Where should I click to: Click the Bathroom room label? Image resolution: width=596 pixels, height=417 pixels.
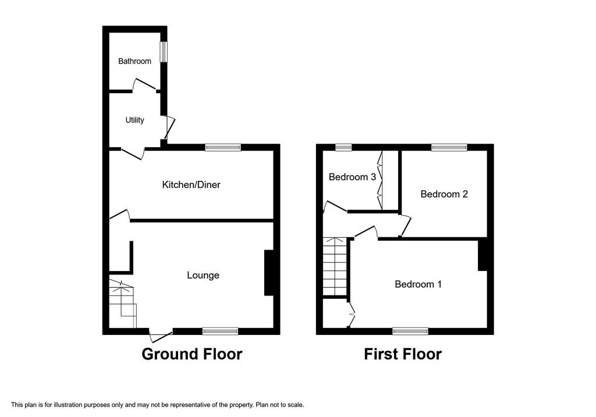tap(134, 61)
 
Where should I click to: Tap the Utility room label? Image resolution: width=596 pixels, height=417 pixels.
tap(134, 120)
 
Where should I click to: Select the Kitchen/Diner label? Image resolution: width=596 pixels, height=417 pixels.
tap(191, 185)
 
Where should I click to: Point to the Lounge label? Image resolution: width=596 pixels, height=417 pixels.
tap(203, 275)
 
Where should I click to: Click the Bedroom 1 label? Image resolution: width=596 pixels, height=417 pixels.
tap(418, 284)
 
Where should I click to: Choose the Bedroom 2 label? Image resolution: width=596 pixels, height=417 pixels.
tap(444, 194)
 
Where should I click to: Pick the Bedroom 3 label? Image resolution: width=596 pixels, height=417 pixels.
tap(352, 177)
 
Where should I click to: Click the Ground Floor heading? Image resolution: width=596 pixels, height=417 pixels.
tap(192, 354)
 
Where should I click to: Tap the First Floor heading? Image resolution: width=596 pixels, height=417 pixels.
tap(403, 354)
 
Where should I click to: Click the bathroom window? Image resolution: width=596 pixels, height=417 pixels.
tap(164, 52)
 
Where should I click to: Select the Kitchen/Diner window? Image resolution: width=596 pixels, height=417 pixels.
tap(223, 147)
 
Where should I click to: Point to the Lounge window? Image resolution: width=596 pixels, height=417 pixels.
tap(221, 331)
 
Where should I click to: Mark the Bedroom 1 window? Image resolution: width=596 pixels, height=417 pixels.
tap(410, 331)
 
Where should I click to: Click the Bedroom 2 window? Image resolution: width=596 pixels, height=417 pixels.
tap(449, 147)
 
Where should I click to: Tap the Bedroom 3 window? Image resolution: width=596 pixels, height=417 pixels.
tap(343, 147)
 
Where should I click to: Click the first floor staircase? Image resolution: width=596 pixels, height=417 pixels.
tap(335, 266)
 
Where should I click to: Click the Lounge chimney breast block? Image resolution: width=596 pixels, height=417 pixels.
tap(269, 272)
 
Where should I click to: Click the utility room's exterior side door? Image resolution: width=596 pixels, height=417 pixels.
tap(169, 127)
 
